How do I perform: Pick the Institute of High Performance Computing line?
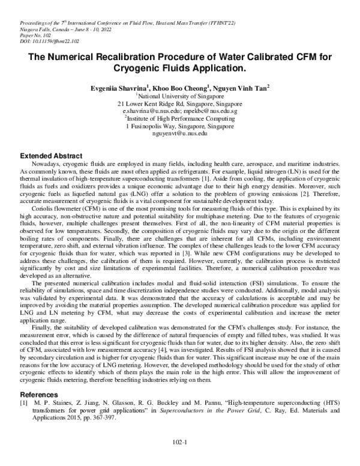pos(181,119)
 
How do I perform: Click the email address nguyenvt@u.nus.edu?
pos(180,135)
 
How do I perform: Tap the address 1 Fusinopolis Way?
pos(180,127)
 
